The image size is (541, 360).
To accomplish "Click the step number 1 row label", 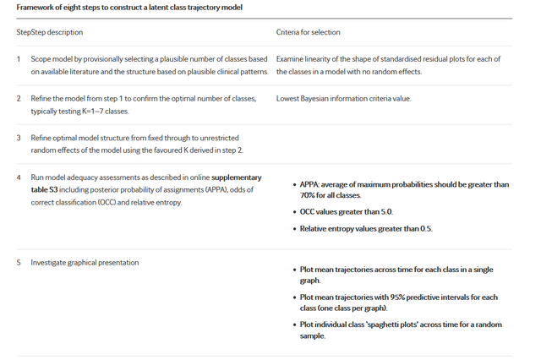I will pos(19,59).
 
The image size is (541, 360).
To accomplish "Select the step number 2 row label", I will pos(19,99).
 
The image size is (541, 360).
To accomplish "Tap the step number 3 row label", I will pos(19,137).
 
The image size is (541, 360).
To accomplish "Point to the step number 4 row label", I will pos(19,177).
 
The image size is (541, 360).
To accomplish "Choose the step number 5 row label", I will pos(19,262).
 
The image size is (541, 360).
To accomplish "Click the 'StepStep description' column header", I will pos(49,32).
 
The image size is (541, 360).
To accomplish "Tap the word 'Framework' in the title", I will pos(36,8).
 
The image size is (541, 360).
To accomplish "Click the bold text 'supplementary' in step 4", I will pos(236,177).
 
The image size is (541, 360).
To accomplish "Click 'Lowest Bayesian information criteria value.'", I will pos(343,99).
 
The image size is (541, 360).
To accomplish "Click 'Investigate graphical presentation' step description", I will pos(85,262).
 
